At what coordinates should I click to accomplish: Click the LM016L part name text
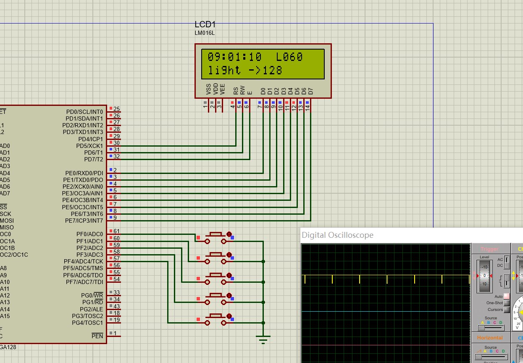coord(205,33)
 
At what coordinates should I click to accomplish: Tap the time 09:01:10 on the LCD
coord(235,57)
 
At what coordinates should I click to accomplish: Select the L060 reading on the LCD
coord(289,57)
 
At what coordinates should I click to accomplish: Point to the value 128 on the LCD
coord(273,70)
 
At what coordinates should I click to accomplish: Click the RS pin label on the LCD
coord(236,90)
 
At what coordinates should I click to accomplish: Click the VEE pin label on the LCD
coord(223,89)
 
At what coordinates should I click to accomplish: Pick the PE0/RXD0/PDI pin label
coord(84,173)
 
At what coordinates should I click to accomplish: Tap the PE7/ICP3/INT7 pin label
coord(84,221)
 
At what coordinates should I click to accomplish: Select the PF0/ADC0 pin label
coord(89,234)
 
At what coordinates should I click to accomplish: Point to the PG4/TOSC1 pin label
coord(87,323)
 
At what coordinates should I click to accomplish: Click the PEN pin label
coord(97,336)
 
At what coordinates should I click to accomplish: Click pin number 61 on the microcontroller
coord(116,231)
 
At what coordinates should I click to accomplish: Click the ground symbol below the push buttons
coord(263,339)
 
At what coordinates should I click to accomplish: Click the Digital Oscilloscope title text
coord(337,235)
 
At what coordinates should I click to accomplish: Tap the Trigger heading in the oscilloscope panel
coord(490,249)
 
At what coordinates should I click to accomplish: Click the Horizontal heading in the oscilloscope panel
coord(490,338)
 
